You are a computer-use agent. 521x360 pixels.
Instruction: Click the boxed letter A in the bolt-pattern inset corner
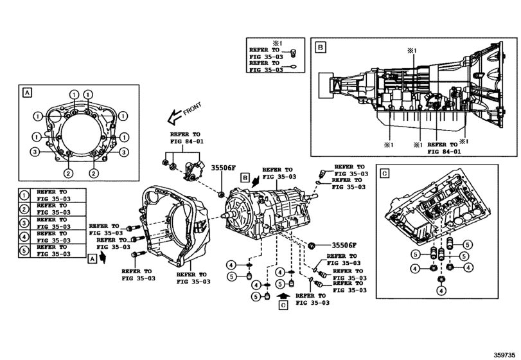point(27,93)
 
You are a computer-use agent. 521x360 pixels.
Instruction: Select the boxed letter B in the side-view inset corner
point(319,46)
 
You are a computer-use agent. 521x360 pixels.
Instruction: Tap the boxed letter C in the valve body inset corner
point(384,174)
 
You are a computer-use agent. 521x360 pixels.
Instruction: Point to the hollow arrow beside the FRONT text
point(172,118)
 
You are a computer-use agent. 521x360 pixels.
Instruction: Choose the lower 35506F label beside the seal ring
point(344,245)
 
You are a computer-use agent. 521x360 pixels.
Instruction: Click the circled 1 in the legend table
point(24,196)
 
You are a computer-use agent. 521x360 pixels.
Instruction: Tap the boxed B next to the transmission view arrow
point(244,176)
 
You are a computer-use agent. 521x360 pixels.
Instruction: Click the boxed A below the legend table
point(93,258)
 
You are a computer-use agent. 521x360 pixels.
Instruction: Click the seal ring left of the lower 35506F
point(313,245)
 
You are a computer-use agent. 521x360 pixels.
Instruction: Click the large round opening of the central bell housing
point(168,222)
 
